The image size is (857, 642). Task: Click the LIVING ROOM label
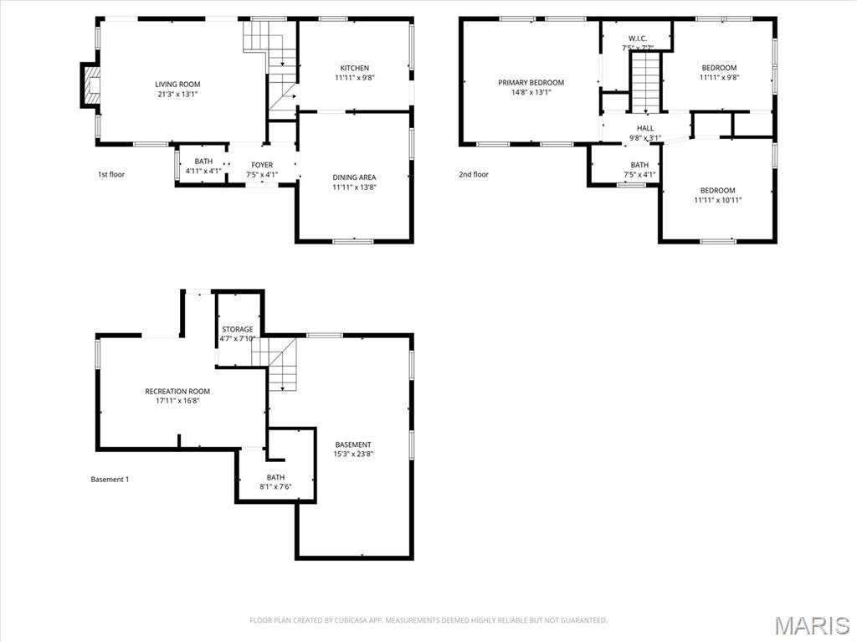(x=177, y=84)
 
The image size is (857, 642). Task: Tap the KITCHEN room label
(x=354, y=68)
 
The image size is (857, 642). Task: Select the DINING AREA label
(x=354, y=177)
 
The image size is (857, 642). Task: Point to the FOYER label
(x=262, y=164)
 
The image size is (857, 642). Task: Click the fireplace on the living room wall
(x=90, y=85)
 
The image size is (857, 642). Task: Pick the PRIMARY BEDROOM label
(x=531, y=82)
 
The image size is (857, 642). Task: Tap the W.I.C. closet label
(x=637, y=38)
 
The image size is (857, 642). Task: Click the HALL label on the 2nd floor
(x=645, y=128)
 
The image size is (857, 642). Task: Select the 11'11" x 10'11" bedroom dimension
(x=718, y=200)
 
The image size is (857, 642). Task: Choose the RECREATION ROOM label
(x=177, y=391)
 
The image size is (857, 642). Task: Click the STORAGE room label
(x=237, y=329)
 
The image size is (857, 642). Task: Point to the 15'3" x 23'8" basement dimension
(x=353, y=455)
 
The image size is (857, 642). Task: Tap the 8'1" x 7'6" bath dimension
(x=275, y=486)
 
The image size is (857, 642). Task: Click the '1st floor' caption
(x=111, y=174)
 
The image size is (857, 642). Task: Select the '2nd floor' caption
(x=474, y=174)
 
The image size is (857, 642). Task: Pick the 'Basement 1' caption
(x=110, y=480)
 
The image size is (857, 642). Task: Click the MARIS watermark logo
(x=811, y=624)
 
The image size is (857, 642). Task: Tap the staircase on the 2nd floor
(x=645, y=81)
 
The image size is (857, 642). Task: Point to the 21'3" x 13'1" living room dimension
(x=177, y=95)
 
